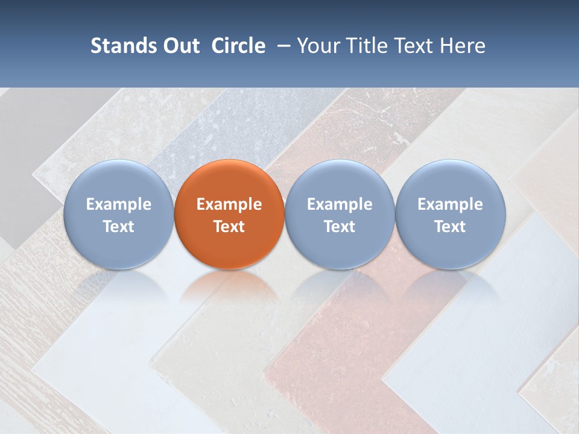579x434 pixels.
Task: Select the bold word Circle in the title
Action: click(238, 46)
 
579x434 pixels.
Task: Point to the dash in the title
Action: click(282, 46)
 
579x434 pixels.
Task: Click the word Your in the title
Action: click(317, 46)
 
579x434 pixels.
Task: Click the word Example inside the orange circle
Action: click(229, 204)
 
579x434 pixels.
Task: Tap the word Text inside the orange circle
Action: click(229, 227)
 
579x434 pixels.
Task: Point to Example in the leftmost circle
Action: click(119, 204)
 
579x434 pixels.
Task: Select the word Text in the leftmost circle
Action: click(119, 227)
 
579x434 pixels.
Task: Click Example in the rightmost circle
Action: click(451, 204)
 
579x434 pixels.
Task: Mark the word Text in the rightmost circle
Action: click(451, 227)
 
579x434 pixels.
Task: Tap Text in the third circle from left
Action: click(340, 227)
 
